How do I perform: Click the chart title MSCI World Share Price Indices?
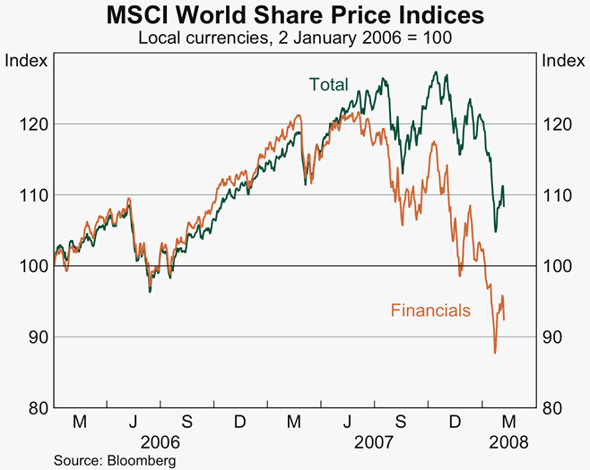tap(295, 15)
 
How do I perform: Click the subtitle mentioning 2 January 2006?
tap(295, 38)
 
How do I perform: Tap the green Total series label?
tap(328, 85)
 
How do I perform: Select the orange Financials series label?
tap(430, 311)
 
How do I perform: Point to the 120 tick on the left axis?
tap(32, 124)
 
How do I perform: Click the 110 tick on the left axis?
tap(32, 194)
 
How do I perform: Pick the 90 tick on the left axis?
tap(36, 337)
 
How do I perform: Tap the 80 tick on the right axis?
tap(553, 407)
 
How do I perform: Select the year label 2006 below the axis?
tap(161, 441)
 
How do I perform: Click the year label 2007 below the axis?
tap(375, 441)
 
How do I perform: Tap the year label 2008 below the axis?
tap(508, 441)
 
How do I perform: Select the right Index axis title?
tap(563, 61)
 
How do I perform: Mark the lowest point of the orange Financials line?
tap(495, 353)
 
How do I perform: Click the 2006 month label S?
tap(187, 422)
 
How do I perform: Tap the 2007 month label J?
tap(348, 422)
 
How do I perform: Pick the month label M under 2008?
tap(508, 422)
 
